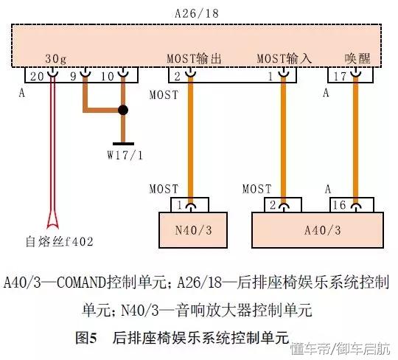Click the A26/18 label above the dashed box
tap(197, 13)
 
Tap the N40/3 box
tap(193, 230)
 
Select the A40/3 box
tap(318, 230)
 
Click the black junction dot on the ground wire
tap(123, 110)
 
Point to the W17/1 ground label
tap(125, 155)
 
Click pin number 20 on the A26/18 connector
tap(37, 76)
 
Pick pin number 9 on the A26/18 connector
tap(73, 76)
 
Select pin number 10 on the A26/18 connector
tap(108, 76)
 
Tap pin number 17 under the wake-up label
tap(340, 76)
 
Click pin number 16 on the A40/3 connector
tap(339, 205)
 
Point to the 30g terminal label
tap(56, 59)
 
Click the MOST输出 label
tap(194, 58)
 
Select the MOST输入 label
tap(284, 58)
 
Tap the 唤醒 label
tap(357, 58)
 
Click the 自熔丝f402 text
tap(60, 241)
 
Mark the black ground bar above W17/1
tap(123, 144)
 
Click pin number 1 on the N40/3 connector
tap(180, 205)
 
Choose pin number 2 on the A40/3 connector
tap(273, 205)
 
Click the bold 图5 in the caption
tap(86, 338)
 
